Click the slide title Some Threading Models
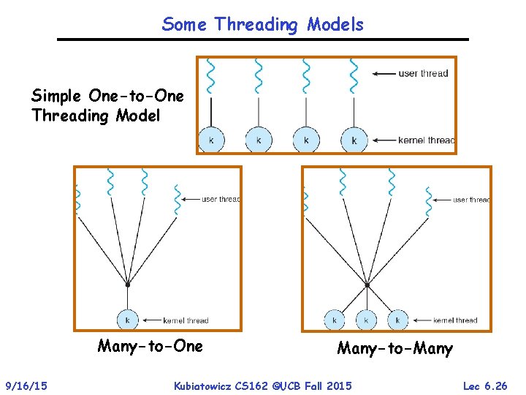coord(262,24)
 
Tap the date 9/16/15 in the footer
coord(26,385)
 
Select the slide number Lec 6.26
coord(484,385)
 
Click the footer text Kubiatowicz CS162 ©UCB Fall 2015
coord(262,385)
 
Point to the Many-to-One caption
coord(150,346)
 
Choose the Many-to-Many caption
coord(394,349)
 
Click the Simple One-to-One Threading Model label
coord(107,106)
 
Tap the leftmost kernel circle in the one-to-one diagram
coord(211,140)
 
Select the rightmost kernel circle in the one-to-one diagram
coord(354,140)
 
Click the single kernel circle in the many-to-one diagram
coord(128,320)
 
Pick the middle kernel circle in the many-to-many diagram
coord(366,320)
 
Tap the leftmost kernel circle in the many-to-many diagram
coord(335,320)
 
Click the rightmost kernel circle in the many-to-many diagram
coord(397,320)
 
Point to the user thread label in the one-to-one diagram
coord(423,73)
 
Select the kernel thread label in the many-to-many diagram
coord(454,320)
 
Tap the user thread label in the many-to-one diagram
coord(220,199)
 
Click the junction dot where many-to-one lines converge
coord(128,284)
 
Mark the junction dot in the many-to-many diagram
coord(367,284)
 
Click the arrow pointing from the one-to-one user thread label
coord(384,73)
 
